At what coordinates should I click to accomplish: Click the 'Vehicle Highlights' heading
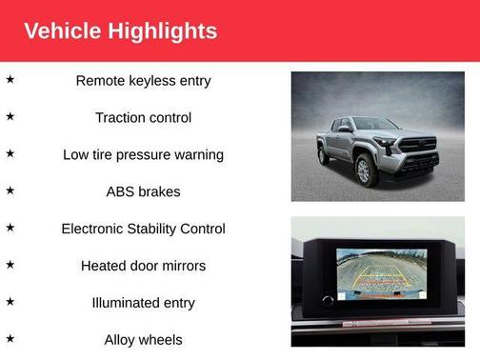pos(120,30)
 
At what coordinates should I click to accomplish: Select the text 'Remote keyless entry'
pos(143,81)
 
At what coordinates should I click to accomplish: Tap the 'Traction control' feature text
pos(143,118)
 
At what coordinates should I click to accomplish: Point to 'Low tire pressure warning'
pos(143,154)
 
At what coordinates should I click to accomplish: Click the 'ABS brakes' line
pos(143,191)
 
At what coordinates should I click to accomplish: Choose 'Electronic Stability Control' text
pos(143,229)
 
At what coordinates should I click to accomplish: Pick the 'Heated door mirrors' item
pos(143,266)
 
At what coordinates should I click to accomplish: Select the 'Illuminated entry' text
pos(143,303)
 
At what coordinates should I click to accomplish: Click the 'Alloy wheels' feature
pos(143,340)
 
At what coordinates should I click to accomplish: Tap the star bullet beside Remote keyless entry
pos(10,79)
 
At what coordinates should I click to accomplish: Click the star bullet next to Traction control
pos(10,116)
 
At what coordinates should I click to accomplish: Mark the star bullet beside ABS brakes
pos(10,190)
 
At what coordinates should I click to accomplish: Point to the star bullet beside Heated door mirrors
pos(10,265)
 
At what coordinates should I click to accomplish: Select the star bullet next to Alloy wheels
pos(10,338)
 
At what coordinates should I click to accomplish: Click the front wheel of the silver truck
pos(363,171)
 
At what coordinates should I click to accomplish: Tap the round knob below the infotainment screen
pos(330,301)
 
